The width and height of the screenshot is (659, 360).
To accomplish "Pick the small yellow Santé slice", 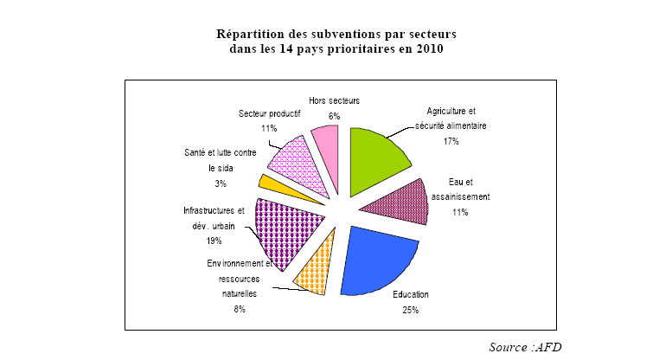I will coord(271,183).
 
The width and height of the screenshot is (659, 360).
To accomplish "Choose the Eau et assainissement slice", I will coord(398,203).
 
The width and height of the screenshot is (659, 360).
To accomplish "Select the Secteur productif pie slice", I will coord(297,164).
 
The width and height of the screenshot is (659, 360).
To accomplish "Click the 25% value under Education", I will coord(410,310).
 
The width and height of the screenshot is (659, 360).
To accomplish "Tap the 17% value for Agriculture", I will coord(450,140).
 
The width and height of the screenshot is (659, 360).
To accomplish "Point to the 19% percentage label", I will coord(214,241).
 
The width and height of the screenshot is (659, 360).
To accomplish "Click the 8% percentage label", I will coord(239,309).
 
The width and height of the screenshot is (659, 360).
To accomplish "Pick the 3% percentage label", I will coord(221,183).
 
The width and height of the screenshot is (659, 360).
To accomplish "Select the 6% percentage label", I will coord(333,115).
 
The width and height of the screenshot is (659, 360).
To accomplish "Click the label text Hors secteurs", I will coord(333,100).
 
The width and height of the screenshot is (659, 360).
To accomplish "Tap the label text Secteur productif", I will coord(269,113).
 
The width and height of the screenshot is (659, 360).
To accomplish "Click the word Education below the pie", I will coord(410,295).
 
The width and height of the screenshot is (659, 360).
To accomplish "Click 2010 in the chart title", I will coord(427,49).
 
